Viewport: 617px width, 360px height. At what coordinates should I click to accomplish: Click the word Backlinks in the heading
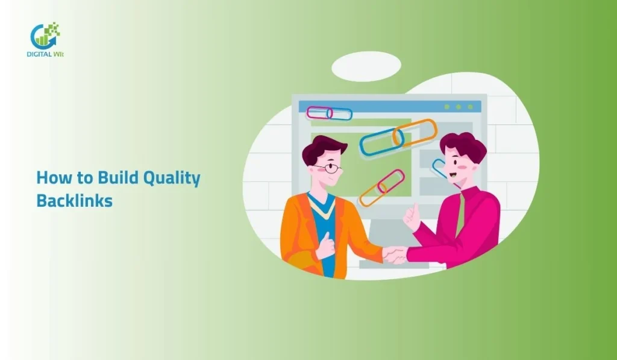pyautogui.click(x=74, y=200)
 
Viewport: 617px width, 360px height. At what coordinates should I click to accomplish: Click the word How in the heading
pyautogui.click(x=50, y=177)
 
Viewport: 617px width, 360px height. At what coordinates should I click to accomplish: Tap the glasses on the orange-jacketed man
pyautogui.click(x=328, y=168)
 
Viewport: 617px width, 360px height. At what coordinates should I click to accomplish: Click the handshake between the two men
pyautogui.click(x=394, y=254)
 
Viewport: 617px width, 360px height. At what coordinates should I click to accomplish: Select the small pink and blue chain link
pyautogui.click(x=329, y=113)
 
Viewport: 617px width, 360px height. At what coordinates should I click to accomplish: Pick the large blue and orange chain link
pyautogui.click(x=398, y=137)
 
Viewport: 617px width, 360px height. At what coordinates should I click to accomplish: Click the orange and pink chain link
pyautogui.click(x=381, y=187)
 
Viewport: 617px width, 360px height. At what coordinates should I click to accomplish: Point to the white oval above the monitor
pyautogui.click(x=366, y=66)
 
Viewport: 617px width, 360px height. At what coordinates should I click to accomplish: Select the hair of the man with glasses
pyautogui.click(x=322, y=148)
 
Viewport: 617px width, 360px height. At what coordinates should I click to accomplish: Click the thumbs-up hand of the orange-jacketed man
pyautogui.click(x=327, y=245)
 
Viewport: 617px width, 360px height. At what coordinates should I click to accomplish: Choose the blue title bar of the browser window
pyautogui.click(x=389, y=106)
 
